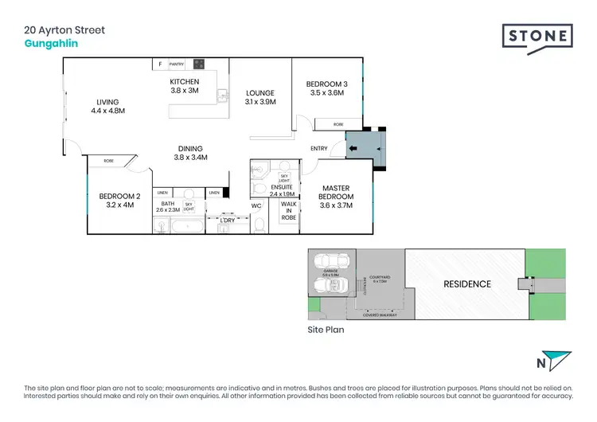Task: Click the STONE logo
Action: pos(537,37)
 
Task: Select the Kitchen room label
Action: pos(184,86)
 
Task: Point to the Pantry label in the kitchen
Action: pos(177,64)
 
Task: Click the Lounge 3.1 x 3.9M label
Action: pos(260,97)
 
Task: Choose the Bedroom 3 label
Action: pos(326,88)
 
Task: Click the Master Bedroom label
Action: pos(335,197)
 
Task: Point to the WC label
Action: pos(256,206)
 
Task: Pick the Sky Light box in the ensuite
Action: pos(283,179)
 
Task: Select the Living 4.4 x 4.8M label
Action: pos(107,107)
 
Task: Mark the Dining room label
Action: pos(190,152)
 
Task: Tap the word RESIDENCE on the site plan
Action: pos(466,283)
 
